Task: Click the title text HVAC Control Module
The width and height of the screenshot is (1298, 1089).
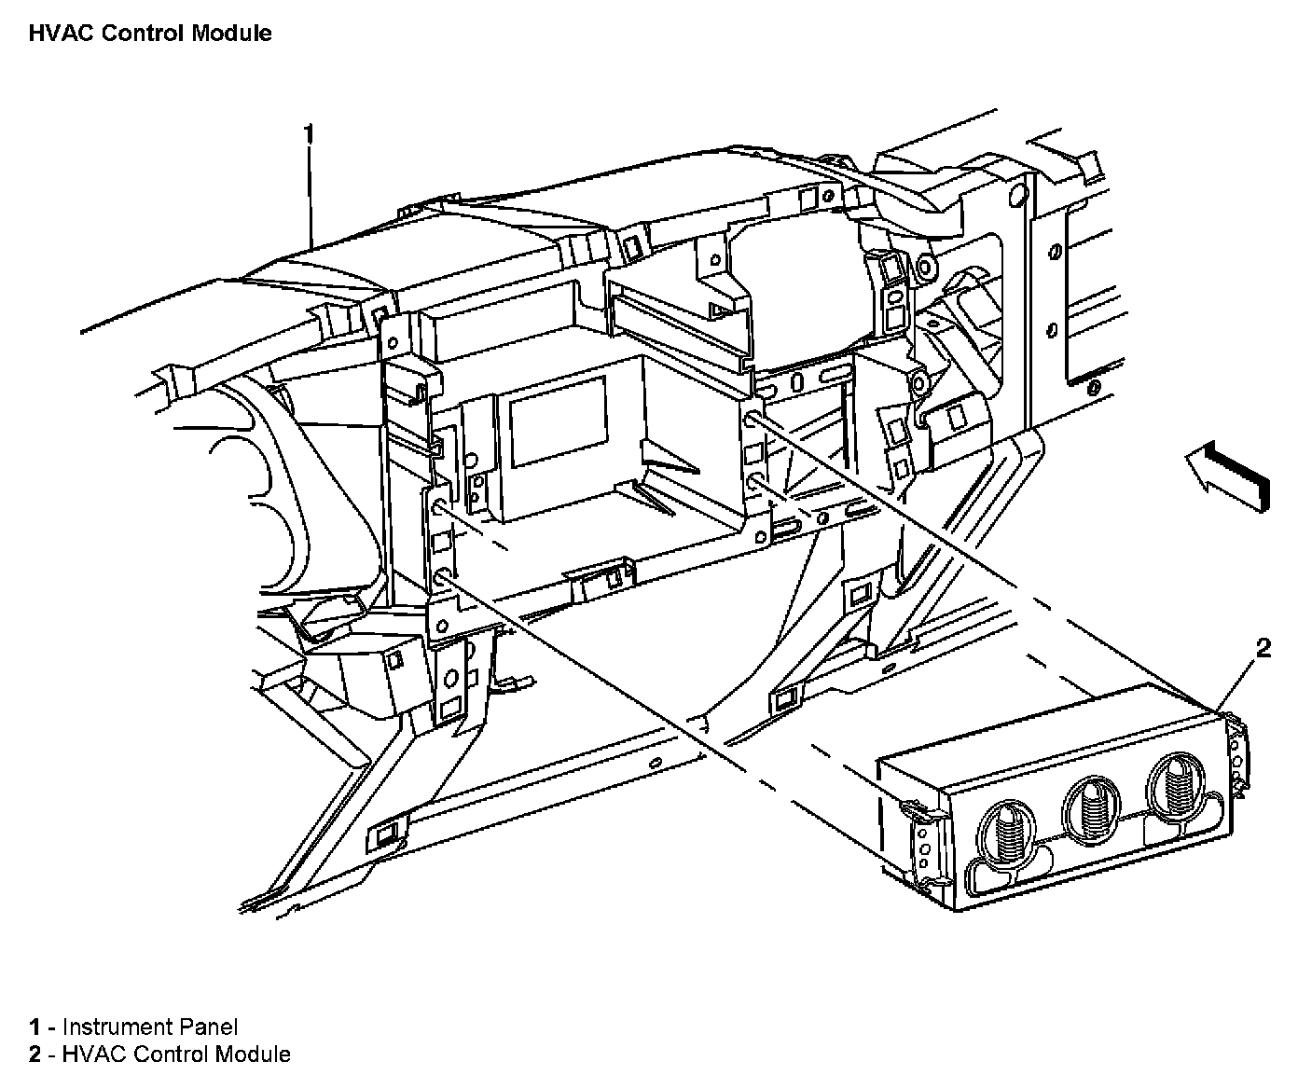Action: (x=150, y=34)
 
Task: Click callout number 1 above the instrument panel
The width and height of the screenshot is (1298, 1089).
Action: (x=309, y=134)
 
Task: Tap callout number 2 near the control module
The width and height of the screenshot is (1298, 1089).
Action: (x=1263, y=648)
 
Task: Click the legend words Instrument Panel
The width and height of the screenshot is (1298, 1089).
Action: (x=150, y=1027)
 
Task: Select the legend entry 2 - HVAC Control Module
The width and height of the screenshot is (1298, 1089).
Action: (x=159, y=1055)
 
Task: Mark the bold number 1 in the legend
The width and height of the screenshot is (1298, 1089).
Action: (x=35, y=1027)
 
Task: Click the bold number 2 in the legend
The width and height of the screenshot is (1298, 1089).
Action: (x=35, y=1055)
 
